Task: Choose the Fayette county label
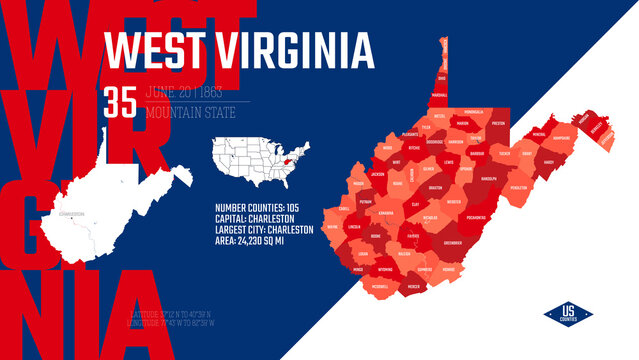(412, 236)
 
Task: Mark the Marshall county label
(438, 96)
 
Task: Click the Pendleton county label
(517, 187)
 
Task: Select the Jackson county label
(377, 174)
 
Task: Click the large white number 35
(121, 104)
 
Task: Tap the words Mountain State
(185, 113)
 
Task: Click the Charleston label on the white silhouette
(72, 213)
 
